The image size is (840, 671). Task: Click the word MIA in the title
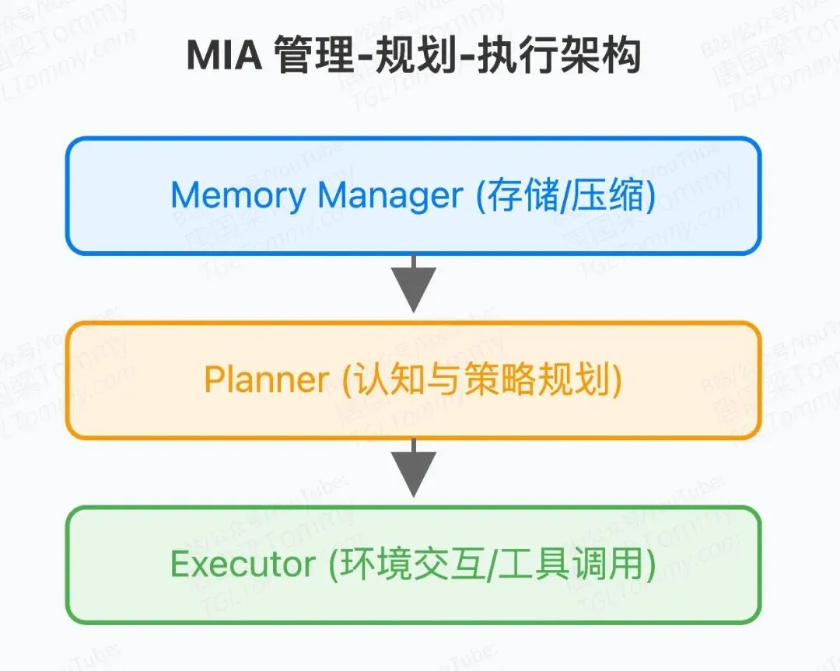224,57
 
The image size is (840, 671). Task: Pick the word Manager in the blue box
390,195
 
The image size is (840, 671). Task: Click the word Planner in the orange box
267,379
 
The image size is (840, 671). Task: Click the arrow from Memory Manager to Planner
413,285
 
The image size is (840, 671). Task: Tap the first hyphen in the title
362,58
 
